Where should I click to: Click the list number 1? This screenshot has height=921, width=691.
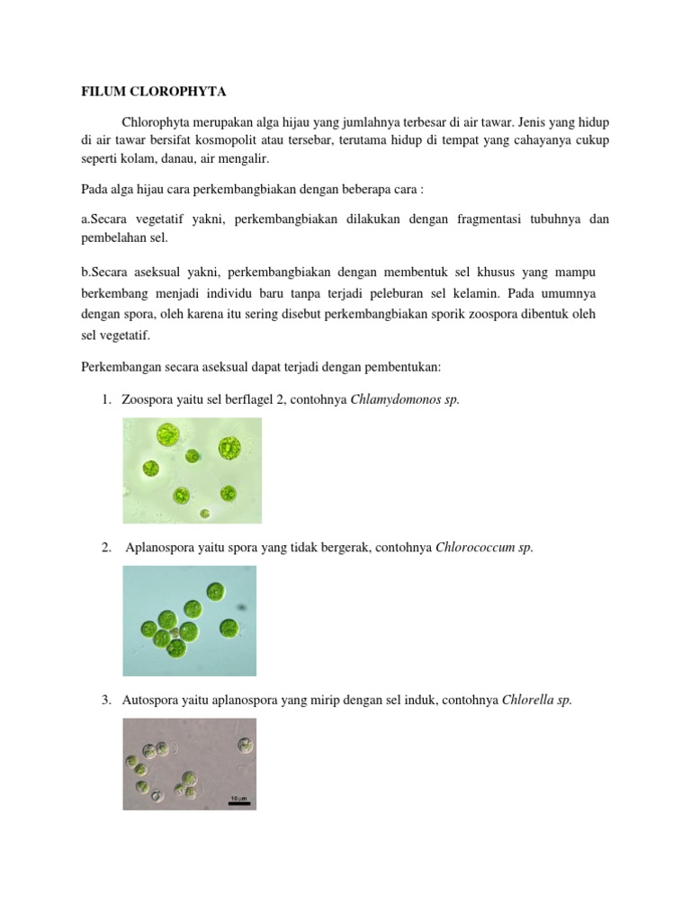105,398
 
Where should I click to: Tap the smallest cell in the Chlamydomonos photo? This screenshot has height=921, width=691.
205,513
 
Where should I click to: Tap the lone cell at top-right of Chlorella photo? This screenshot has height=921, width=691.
244,745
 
